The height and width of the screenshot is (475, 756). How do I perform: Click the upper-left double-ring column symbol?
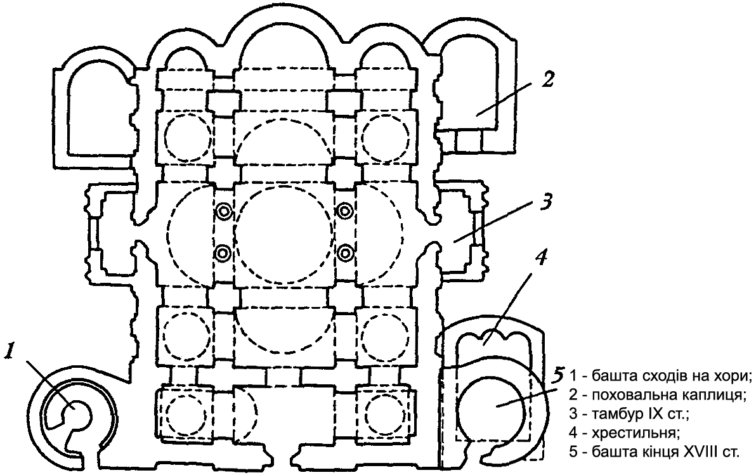coord(223,211)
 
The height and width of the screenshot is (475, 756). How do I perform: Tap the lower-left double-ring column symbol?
coord(223,254)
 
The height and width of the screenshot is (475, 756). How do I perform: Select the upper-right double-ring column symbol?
coord(345,211)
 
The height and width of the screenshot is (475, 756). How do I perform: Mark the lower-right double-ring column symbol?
coord(345,254)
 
